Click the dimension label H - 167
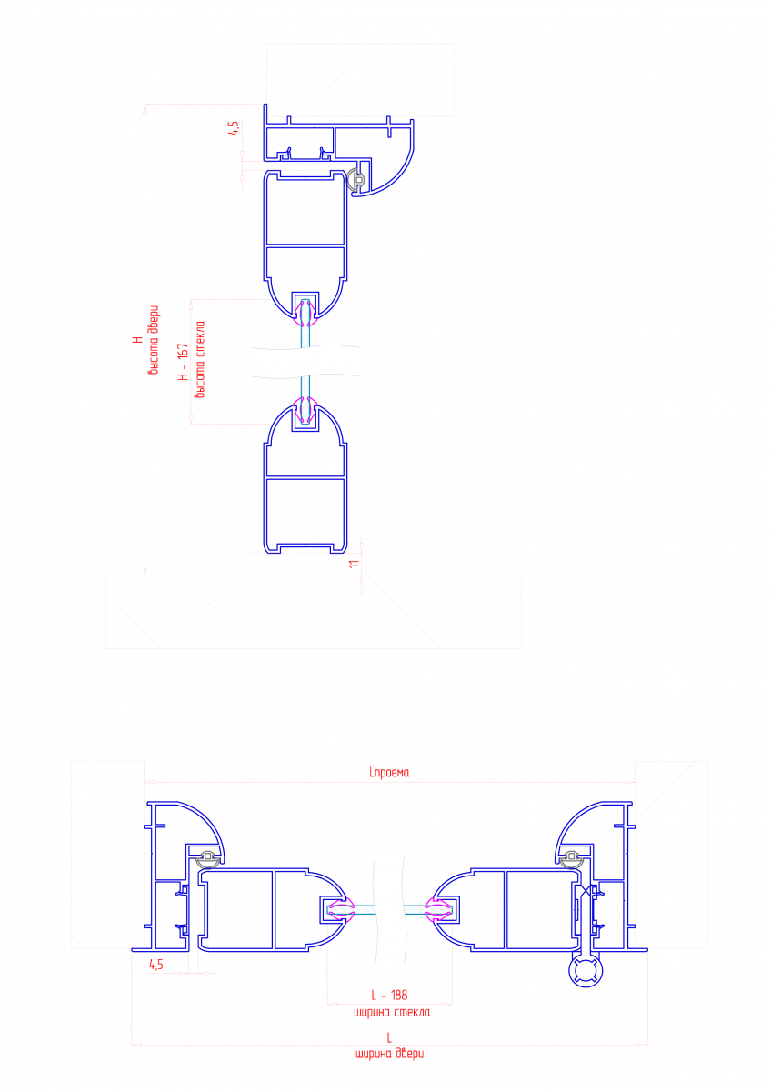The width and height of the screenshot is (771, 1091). pyautogui.click(x=183, y=362)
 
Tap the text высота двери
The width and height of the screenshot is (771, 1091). pyautogui.click(x=154, y=340)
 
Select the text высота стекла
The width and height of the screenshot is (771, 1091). pyautogui.click(x=200, y=359)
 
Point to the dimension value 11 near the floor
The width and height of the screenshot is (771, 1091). pyautogui.click(x=354, y=564)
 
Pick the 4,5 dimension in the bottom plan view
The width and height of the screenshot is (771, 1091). pyautogui.click(x=156, y=964)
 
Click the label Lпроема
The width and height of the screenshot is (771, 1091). pyautogui.click(x=389, y=773)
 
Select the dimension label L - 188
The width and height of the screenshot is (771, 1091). pyautogui.click(x=389, y=995)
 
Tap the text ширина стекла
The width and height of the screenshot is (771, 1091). pyautogui.click(x=392, y=1013)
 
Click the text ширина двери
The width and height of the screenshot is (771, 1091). pyautogui.click(x=390, y=1054)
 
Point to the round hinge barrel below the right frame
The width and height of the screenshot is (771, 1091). pyautogui.click(x=586, y=971)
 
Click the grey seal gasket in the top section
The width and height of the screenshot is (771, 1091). pyautogui.click(x=356, y=181)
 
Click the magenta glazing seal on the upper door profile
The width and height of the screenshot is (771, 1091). pyautogui.click(x=305, y=315)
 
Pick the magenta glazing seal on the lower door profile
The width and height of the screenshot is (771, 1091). pyautogui.click(x=305, y=410)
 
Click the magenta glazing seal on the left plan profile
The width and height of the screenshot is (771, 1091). pyautogui.click(x=337, y=909)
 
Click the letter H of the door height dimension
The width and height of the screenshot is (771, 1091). pyautogui.click(x=138, y=339)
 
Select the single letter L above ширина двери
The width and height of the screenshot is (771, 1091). pyautogui.click(x=389, y=1038)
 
